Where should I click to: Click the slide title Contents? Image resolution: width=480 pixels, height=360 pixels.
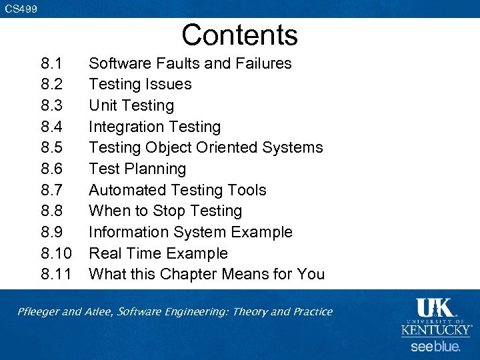(239, 35)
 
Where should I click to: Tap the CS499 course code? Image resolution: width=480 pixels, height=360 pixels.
(21, 9)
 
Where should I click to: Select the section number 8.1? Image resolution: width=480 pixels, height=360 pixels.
(52, 63)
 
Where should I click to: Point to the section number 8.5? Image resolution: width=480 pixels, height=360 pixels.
(52, 147)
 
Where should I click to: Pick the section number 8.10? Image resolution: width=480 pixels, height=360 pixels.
(57, 253)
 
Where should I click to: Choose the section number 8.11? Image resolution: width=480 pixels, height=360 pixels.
(57, 274)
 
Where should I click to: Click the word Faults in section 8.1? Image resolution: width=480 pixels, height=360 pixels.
(178, 63)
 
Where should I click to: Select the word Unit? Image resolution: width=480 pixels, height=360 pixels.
(101, 105)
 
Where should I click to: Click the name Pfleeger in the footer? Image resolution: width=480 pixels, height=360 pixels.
(41, 312)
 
